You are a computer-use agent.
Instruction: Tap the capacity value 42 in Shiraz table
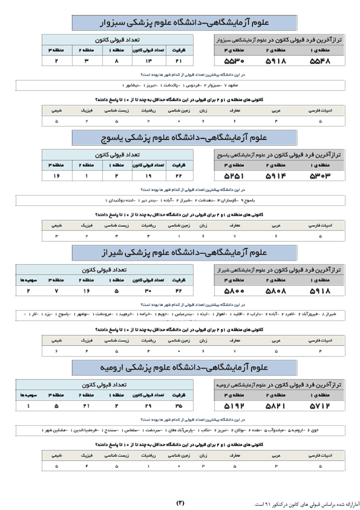pos(179,291)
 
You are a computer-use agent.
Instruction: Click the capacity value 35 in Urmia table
pos(179,406)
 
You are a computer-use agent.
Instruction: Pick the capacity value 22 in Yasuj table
pos(179,176)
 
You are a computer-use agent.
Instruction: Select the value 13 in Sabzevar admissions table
pos(148,61)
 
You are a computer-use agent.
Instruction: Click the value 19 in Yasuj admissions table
pos(148,176)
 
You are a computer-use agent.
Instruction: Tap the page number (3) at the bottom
pos(180,502)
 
